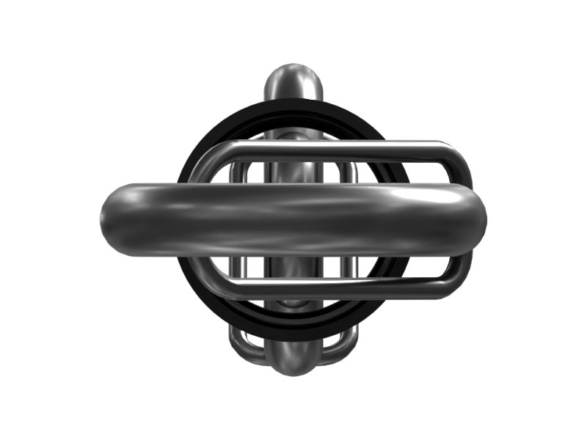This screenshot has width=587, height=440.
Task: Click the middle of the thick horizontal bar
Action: tap(293, 220)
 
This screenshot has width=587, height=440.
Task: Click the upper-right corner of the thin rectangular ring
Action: tap(459, 158)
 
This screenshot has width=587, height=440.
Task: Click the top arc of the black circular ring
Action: tap(293, 108)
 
